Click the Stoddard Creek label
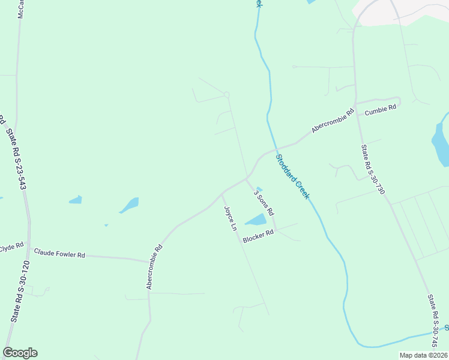point(293,177)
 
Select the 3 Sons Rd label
point(264,203)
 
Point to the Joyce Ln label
point(230,220)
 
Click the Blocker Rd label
point(258,238)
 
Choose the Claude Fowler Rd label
point(59,254)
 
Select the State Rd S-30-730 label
point(372,169)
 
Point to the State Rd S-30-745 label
point(436,321)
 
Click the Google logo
point(20,353)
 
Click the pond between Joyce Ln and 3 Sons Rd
point(256,220)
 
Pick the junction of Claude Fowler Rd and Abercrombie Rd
point(148,261)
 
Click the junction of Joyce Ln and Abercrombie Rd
point(222,193)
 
